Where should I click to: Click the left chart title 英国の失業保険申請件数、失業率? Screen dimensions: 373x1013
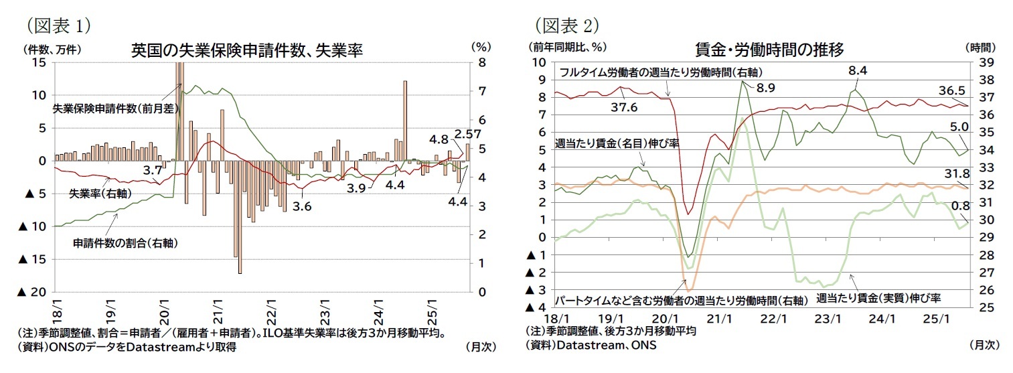click(246, 50)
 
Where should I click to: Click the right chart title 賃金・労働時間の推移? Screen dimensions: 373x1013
click(769, 50)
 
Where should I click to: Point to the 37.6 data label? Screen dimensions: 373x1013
click(624, 106)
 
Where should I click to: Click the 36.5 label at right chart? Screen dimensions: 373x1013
click(951, 90)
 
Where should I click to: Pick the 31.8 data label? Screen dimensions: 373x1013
click(953, 173)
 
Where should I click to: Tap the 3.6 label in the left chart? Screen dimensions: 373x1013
click(303, 206)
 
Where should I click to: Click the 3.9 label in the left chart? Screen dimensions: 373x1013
click(356, 188)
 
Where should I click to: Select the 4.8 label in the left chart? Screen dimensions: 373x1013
click(439, 140)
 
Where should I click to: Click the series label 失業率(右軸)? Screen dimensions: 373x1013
click(100, 193)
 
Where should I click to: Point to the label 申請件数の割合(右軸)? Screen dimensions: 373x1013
click(125, 243)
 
